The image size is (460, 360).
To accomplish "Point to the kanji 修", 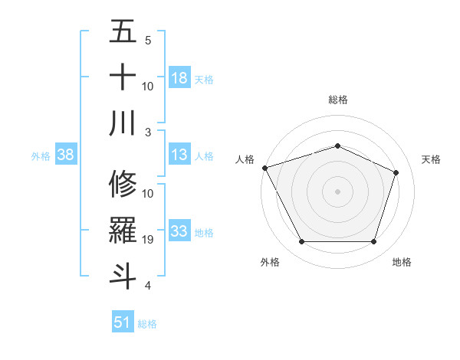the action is coord(123,184).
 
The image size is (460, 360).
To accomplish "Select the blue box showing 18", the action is coord(179,78).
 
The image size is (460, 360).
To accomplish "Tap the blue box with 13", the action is coord(179,155).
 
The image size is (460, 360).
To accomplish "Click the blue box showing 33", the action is coord(179,231).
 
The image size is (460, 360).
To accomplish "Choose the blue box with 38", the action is coord(65,155).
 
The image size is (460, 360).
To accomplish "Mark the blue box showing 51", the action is coord(122,322).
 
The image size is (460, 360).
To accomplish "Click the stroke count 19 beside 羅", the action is coord(149,240).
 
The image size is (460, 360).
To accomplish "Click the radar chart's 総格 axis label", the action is coord(338,100).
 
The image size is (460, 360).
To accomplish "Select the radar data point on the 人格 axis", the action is coord(264,168).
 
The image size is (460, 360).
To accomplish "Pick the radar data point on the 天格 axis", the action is coord(396,172).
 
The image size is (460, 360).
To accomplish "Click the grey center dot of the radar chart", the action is coord(337,191).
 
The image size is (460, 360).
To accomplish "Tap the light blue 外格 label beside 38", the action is coord(41,155).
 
